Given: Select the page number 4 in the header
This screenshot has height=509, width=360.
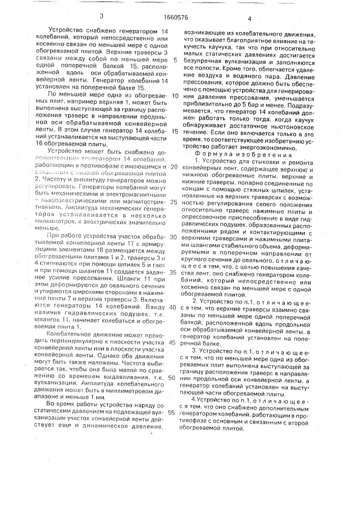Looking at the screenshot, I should tap(250, 19).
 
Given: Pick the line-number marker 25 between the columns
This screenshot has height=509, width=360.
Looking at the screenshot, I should tap(174, 202).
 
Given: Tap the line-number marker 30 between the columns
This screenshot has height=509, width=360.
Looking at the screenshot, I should tap(174, 237).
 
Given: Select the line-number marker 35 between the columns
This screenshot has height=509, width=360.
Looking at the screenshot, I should tap(174, 272).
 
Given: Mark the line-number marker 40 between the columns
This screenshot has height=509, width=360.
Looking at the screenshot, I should tap(174, 307).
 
